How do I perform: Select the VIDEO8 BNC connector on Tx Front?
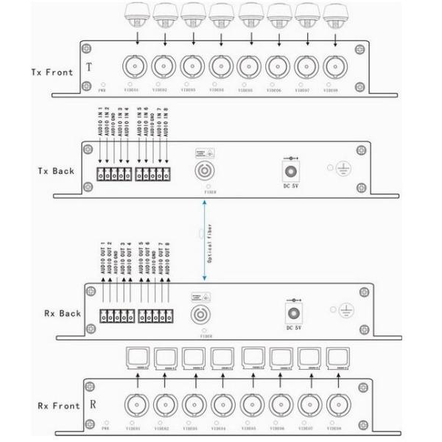click(x=336, y=66)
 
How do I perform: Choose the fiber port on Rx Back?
click(x=203, y=315)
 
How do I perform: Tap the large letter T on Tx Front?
click(x=90, y=66)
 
